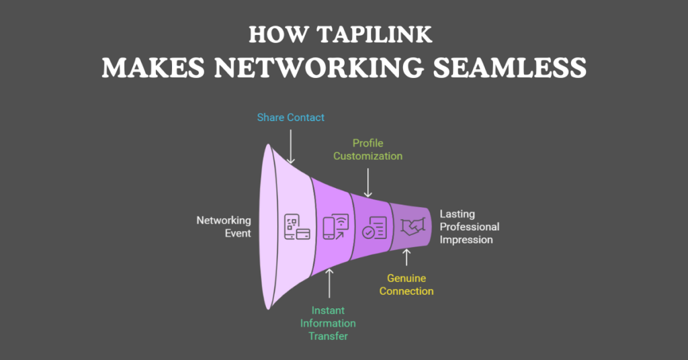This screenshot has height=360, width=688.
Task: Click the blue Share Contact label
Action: tap(290, 118)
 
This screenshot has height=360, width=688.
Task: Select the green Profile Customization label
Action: tap(368, 149)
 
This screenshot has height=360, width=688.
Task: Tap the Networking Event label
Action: tap(223, 226)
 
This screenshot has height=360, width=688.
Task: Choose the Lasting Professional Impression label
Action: tap(469, 226)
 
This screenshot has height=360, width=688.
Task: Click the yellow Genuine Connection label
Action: tap(406, 285)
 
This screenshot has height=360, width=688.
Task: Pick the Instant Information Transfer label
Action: tap(328, 323)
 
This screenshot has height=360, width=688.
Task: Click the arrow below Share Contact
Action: tap(290, 146)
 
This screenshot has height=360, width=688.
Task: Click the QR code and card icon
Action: tap(296, 227)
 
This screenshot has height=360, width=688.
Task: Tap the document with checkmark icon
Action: tap(374, 227)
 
